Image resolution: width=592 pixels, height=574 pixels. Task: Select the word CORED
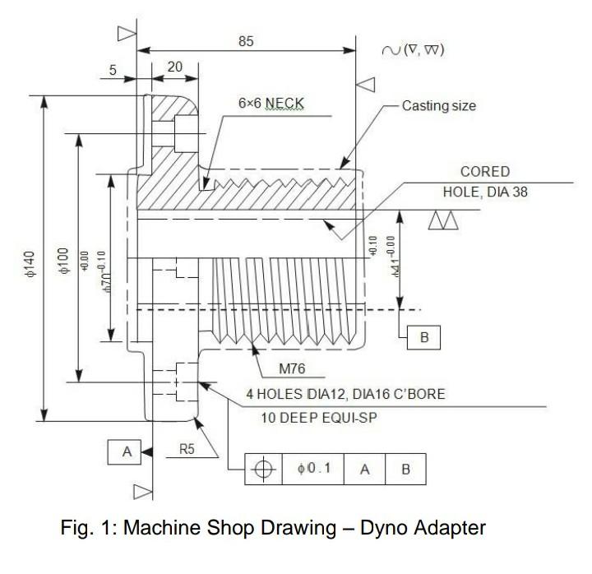(485, 172)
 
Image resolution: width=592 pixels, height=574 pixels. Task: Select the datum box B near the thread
(421, 337)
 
